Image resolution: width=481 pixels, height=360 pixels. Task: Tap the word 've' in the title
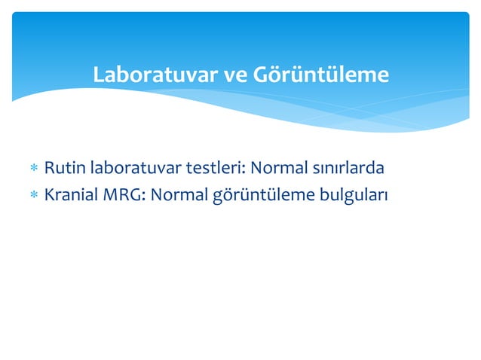click(234, 76)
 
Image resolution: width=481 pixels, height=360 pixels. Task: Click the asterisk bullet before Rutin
click(33, 167)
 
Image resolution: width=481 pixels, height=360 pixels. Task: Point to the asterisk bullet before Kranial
click(33, 196)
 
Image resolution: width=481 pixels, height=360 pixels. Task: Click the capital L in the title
click(97, 76)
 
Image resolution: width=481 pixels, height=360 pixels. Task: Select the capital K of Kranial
click(49, 195)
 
